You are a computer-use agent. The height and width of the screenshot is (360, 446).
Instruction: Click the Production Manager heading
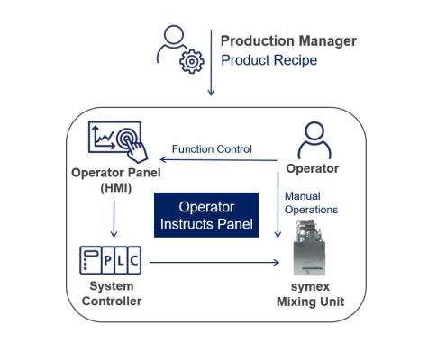point(288,41)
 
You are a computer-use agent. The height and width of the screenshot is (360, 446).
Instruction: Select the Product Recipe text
point(269,60)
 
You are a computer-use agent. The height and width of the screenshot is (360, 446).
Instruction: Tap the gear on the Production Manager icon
point(192,61)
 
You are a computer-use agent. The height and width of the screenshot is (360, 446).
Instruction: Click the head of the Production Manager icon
point(174,35)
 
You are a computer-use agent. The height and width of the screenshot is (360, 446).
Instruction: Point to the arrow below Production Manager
point(211,62)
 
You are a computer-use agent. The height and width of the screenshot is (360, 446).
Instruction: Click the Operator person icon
point(314,140)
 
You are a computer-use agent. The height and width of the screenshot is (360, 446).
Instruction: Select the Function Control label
point(212,149)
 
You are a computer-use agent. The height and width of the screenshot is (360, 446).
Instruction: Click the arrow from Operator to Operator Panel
point(219,160)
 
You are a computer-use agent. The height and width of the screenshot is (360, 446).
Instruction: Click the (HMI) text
point(116,188)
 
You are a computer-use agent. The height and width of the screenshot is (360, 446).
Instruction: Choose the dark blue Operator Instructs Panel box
point(206,215)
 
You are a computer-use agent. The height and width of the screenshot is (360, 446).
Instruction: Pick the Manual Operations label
point(311,202)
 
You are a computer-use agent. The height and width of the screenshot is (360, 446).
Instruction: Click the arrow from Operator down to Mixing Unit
point(278,204)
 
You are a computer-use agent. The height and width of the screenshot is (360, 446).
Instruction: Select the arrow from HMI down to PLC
point(114,219)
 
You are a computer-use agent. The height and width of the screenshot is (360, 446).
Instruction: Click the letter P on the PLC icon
point(108,260)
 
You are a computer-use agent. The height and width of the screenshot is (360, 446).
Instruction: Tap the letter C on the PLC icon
point(134,260)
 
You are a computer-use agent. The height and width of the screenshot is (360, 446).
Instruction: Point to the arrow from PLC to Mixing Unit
point(214,263)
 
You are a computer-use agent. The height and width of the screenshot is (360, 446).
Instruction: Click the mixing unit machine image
point(309,247)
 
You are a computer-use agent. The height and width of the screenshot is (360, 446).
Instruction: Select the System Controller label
point(112,293)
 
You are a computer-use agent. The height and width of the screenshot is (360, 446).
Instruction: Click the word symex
point(310,287)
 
